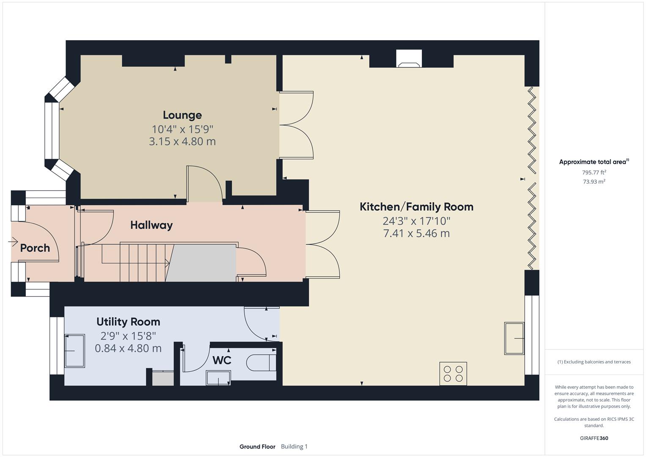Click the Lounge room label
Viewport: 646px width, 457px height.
click(182, 115)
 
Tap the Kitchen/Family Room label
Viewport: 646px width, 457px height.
click(416, 207)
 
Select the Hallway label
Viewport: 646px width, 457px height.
click(151, 225)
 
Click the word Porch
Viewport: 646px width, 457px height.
click(35, 248)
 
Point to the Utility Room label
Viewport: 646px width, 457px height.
click(128, 322)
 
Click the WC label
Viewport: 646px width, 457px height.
click(222, 361)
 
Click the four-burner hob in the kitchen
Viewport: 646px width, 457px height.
click(453, 374)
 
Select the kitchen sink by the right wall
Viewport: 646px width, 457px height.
click(514, 339)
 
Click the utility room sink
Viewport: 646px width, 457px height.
click(74, 351)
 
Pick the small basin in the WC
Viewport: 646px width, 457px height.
click(218, 378)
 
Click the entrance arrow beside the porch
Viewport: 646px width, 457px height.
click(13, 242)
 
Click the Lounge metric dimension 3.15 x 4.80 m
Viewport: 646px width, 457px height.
click(182, 141)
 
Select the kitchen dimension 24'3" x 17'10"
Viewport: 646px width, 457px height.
click(416, 221)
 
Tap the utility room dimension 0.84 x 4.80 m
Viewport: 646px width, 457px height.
click(128, 349)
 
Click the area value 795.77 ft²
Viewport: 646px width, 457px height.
click(594, 172)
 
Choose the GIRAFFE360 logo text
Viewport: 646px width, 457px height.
click(594, 438)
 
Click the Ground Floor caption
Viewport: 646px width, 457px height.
click(257, 446)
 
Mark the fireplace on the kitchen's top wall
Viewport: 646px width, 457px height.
click(409, 59)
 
